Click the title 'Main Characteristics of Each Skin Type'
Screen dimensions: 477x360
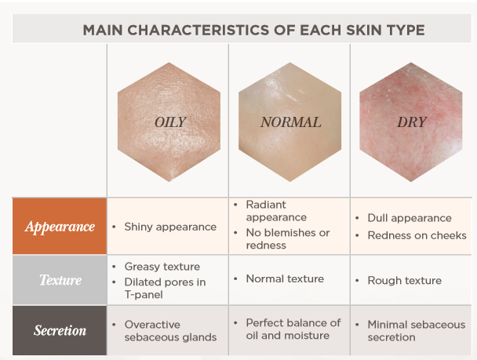[253, 30]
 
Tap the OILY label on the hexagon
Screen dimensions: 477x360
[170, 122]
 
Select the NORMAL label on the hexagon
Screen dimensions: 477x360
[290, 122]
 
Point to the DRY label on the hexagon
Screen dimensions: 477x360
[412, 122]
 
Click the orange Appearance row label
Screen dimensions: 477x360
[60, 226]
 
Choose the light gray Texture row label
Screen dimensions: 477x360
[60, 280]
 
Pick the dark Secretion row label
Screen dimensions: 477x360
[60, 330]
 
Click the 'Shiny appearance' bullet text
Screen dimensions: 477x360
[170, 227]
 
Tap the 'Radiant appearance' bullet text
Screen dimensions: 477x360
[276, 211]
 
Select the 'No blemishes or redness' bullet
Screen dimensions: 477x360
[288, 239]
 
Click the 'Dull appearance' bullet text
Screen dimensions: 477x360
[410, 218]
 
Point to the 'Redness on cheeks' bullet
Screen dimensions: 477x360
[417, 235]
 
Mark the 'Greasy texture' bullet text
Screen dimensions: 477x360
[162, 267]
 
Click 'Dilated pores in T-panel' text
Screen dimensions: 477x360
[165, 289]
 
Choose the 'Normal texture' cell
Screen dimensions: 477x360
[285, 278]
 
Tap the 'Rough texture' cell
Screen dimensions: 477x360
[405, 280]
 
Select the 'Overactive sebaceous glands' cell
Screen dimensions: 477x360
[170, 331]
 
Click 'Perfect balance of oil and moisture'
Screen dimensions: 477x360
[293, 329]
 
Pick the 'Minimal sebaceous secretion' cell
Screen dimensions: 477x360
[417, 331]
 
